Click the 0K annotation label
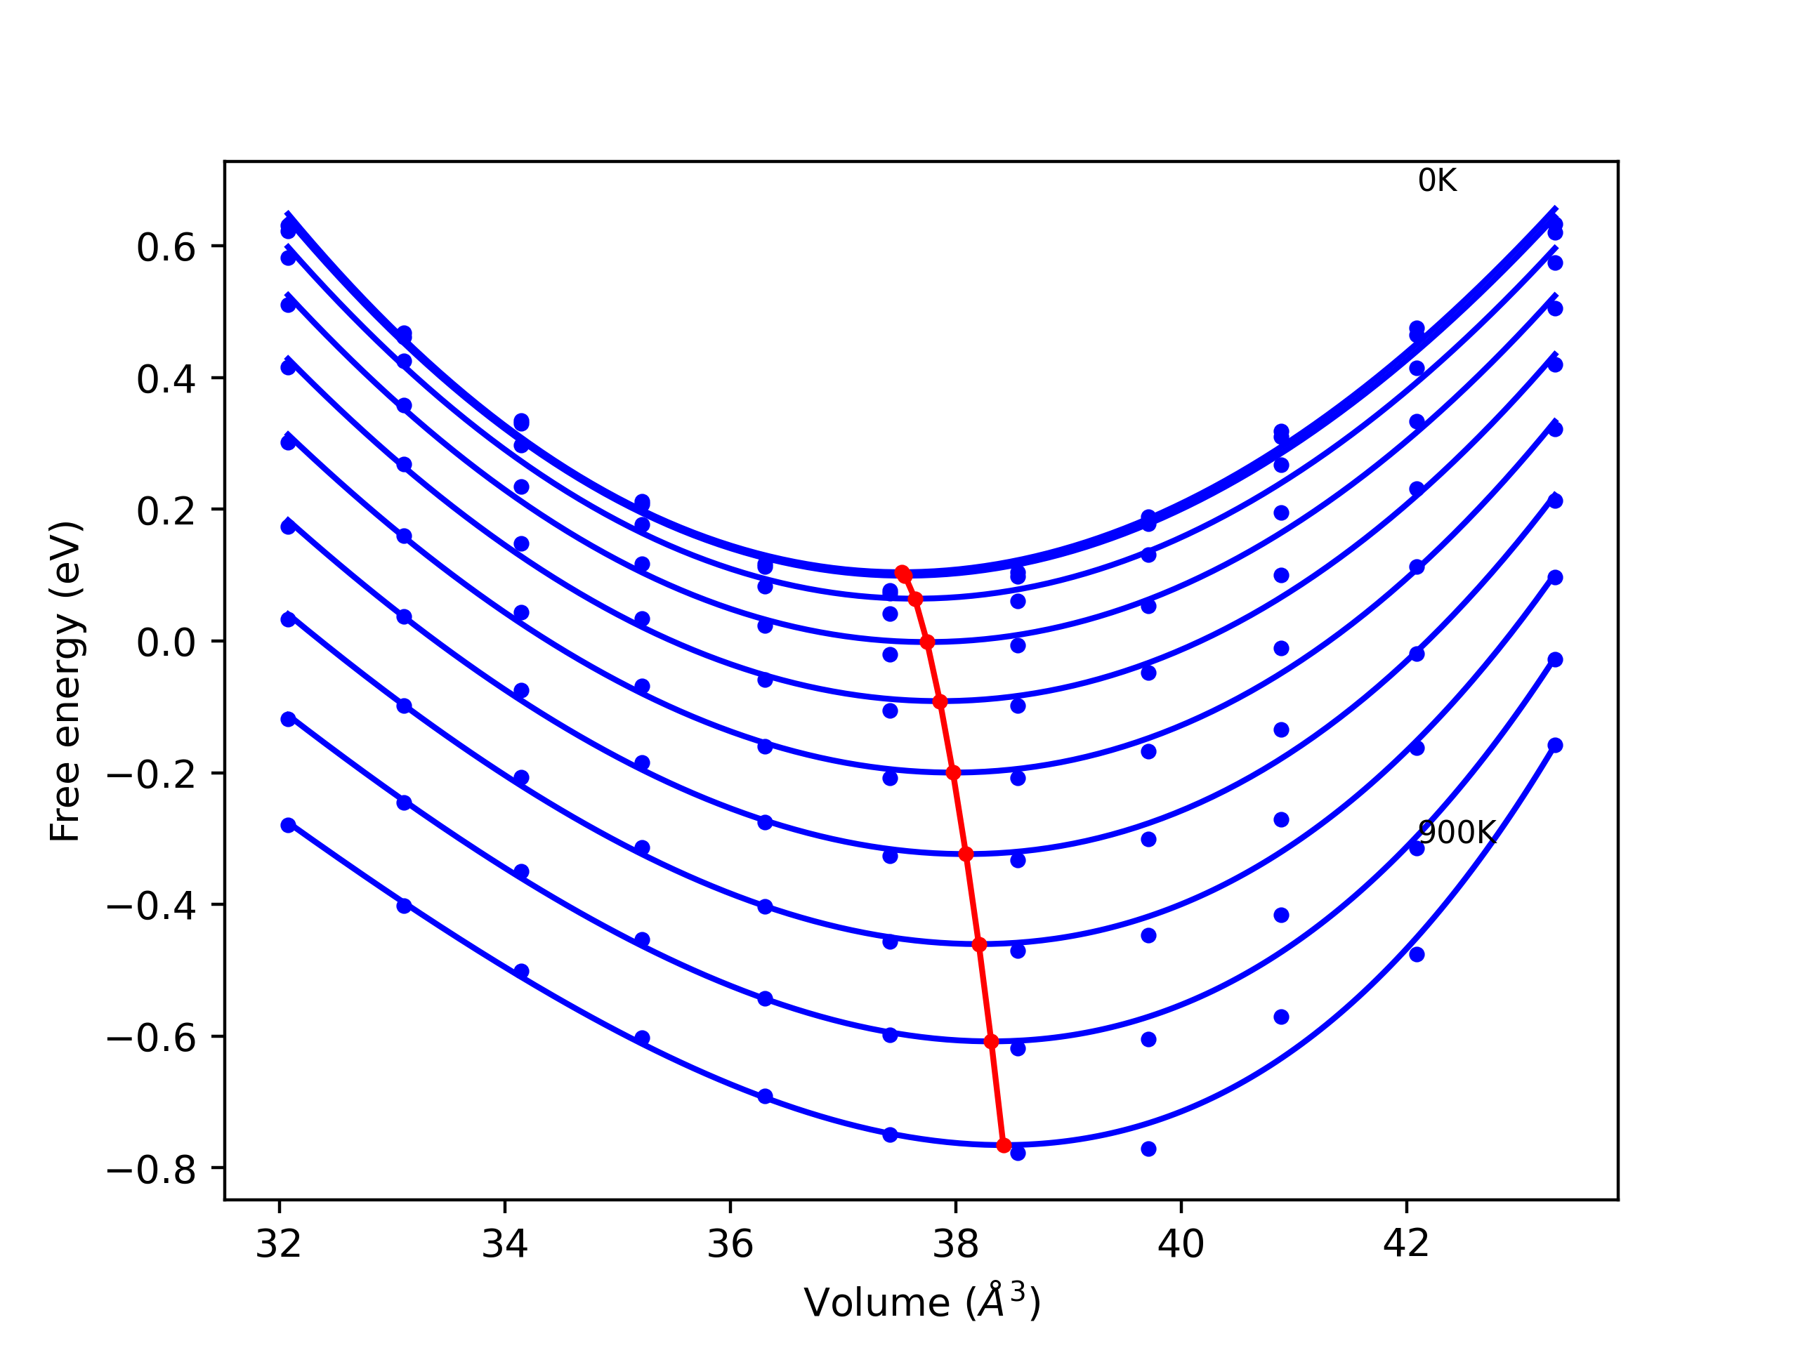point(1437,180)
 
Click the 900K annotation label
point(1456,832)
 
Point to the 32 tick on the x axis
point(279,1244)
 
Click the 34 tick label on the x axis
point(504,1244)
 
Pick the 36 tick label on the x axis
point(730,1244)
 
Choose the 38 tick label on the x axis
point(955,1244)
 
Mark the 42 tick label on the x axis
point(1405,1244)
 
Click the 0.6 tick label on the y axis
point(166,248)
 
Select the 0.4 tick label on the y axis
point(166,379)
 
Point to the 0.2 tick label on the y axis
point(166,511)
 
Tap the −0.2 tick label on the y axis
point(151,774)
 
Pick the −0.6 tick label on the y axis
point(151,1038)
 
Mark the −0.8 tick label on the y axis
point(151,1170)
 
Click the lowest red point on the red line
point(1004,1145)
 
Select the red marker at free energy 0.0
point(928,642)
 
